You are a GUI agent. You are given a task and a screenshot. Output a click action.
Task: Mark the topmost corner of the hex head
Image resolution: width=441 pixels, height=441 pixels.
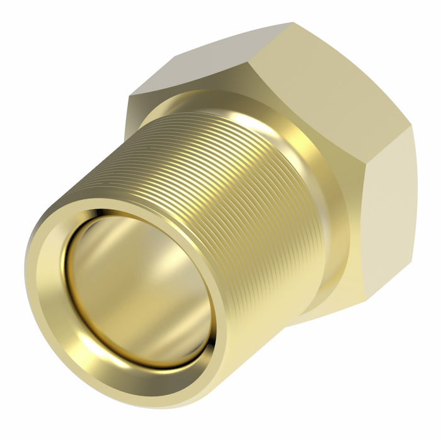coord(291,23)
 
